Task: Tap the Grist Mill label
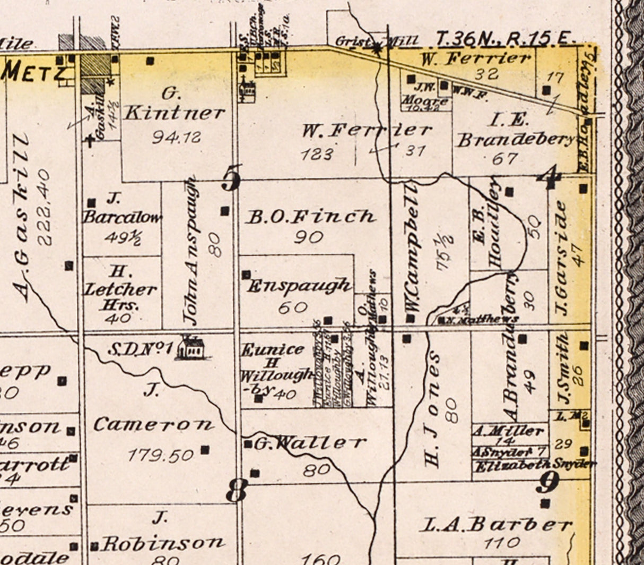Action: point(377,40)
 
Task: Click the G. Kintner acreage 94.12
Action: point(176,138)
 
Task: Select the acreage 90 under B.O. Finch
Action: point(308,237)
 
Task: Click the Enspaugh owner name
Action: point(299,286)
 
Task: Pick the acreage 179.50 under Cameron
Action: point(160,455)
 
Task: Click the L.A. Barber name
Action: point(497,525)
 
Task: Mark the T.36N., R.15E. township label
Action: point(506,38)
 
